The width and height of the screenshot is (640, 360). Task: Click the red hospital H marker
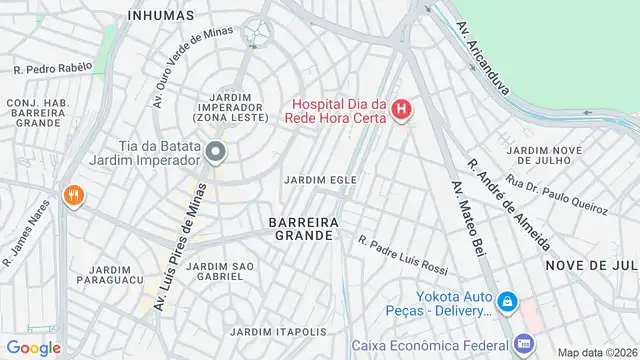(401, 109)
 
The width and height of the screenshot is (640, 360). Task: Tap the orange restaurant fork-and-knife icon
(71, 196)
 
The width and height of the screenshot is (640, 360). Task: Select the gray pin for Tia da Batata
(216, 151)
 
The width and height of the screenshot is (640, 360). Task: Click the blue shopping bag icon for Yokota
(508, 300)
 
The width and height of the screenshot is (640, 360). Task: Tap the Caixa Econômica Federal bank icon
(522, 342)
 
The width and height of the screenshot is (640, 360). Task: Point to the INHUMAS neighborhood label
(163, 15)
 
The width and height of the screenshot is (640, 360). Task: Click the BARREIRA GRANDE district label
(301, 227)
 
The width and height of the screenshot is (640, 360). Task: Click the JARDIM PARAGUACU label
(110, 276)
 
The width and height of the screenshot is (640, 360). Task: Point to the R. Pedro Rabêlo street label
(52, 68)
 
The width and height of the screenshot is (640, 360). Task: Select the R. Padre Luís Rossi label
(403, 254)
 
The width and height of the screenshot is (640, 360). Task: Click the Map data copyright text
(596, 352)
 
